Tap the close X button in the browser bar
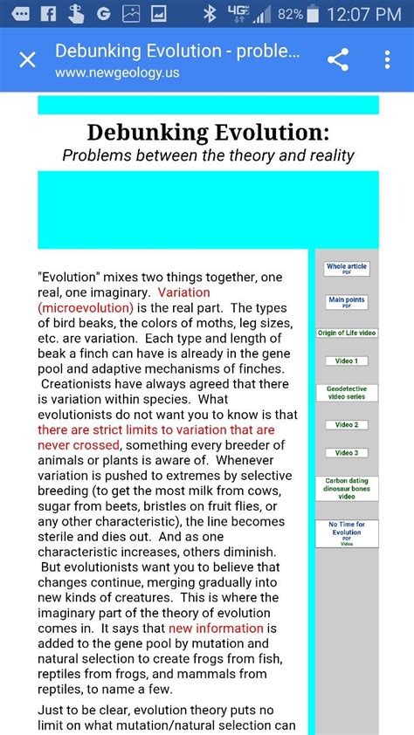click(x=28, y=60)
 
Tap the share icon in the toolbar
click(x=338, y=59)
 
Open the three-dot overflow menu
click(x=388, y=59)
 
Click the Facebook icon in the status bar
click(x=48, y=14)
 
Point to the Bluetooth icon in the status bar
click(x=209, y=14)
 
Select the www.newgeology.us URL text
click(x=117, y=72)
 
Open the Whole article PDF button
click(x=347, y=269)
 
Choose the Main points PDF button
click(x=347, y=302)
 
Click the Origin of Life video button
click(x=347, y=333)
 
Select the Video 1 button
click(x=347, y=361)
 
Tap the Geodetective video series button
click(x=347, y=393)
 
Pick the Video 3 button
click(x=347, y=453)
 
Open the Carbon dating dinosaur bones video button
click(x=347, y=488)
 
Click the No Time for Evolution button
click(x=347, y=532)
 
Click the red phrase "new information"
click(x=216, y=629)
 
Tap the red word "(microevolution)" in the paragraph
click(x=86, y=307)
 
